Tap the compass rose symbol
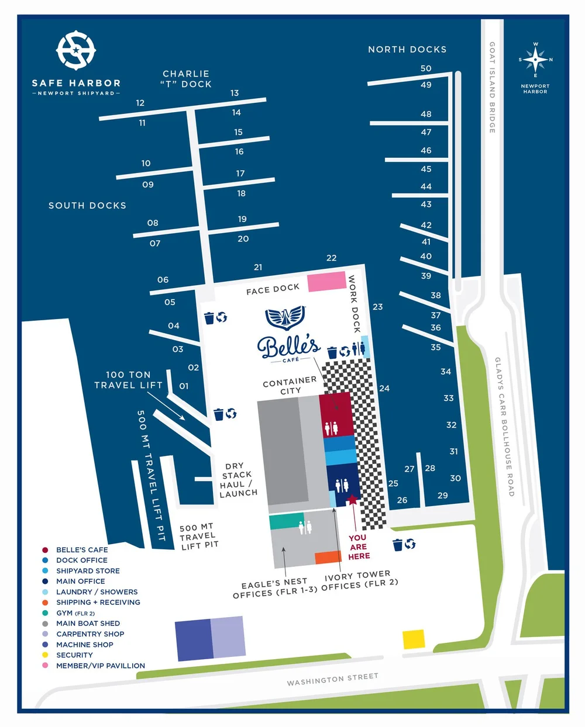coord(535,60)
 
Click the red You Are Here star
coord(352,500)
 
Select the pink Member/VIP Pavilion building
coord(326,281)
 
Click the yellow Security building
coord(414,639)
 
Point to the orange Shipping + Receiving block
coord(328,558)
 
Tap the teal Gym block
coord(287,521)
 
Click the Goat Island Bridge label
coord(493,87)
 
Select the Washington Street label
coord(332,678)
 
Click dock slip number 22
coord(332,258)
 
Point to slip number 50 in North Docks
coord(426,68)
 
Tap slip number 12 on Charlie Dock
coord(140,103)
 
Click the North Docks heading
coord(407,50)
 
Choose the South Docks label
coord(87,206)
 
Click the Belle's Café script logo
coord(289,347)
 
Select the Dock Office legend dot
coord(45,560)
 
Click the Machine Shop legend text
coord(85,645)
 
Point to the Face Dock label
coord(273,289)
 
